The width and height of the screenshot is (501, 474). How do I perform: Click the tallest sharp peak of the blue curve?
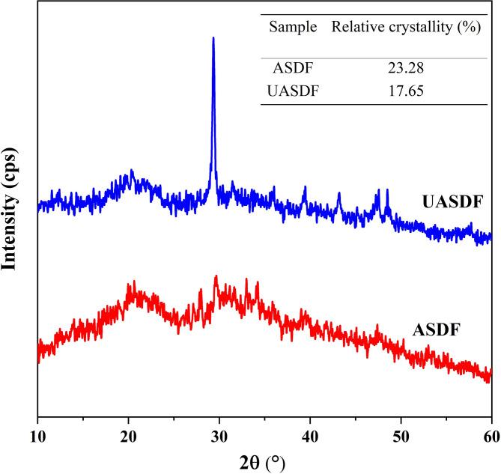pos(213,39)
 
